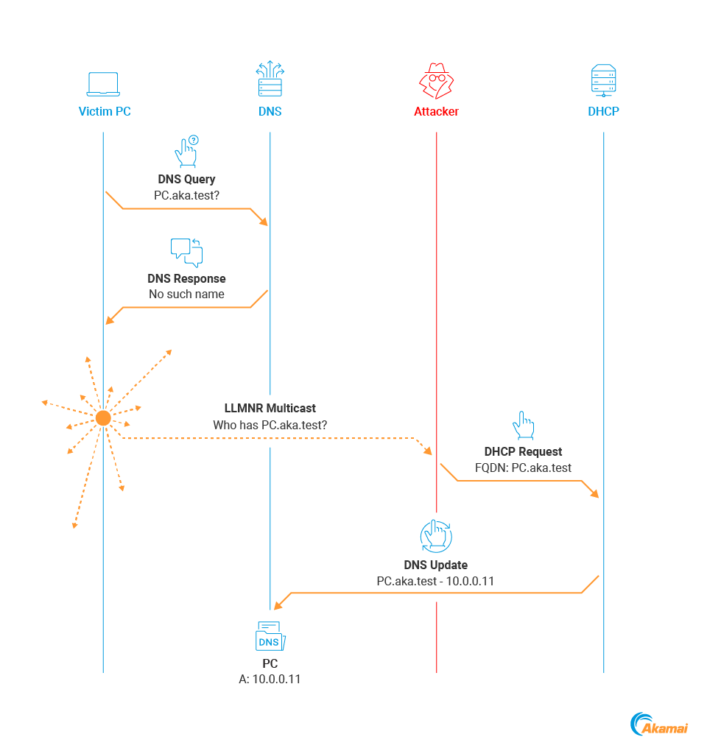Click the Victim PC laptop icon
(103, 84)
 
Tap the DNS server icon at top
(270, 80)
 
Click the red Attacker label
(436, 112)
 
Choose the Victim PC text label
(105, 112)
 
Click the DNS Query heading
(186, 179)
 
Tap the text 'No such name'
(186, 294)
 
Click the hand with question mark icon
(186, 151)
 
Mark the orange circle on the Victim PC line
(103, 418)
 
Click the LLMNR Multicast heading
(270, 408)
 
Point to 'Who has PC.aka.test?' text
(270, 425)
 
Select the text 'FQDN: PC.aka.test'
(523, 468)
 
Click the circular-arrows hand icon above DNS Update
(436, 536)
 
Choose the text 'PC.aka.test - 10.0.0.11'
(435, 581)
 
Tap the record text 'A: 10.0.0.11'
(270, 679)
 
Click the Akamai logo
(659, 725)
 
